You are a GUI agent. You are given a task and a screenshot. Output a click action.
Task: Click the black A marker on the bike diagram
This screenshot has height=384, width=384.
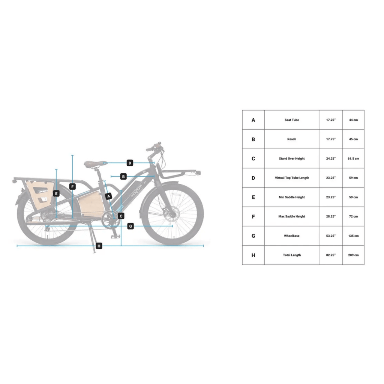pyautogui.click(x=109, y=196)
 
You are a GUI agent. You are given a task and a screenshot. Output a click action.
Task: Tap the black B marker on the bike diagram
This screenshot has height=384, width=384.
pyautogui.click(x=123, y=176)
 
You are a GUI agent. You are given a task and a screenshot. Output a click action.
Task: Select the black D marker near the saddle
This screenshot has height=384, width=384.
pyautogui.click(x=130, y=163)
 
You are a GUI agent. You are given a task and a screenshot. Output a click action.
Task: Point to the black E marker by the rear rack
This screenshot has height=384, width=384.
pyautogui.click(x=56, y=193)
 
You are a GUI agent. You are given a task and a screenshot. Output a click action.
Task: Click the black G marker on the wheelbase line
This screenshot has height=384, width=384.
pyautogui.click(x=130, y=226)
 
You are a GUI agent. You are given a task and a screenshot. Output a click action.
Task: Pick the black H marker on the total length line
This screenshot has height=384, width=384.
pyautogui.click(x=99, y=246)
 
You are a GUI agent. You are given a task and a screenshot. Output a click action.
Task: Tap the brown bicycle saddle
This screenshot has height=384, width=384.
pyautogui.click(x=93, y=163)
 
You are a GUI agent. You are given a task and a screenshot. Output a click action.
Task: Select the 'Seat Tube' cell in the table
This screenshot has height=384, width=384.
pyautogui.click(x=291, y=120)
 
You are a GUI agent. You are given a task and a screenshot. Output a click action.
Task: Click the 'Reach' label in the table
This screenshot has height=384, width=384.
pyautogui.click(x=291, y=139)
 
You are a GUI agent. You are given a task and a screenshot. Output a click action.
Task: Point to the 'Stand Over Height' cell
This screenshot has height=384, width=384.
pyautogui.click(x=291, y=159)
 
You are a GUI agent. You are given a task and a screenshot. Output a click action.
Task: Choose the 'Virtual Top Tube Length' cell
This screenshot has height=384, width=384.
pyautogui.click(x=291, y=178)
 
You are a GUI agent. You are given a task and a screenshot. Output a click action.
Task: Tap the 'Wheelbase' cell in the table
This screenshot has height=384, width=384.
pyautogui.click(x=291, y=236)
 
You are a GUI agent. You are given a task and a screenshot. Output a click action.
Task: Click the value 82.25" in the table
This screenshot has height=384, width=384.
pyautogui.click(x=330, y=255)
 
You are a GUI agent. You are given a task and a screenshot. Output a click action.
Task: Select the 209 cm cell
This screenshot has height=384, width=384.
pyautogui.click(x=353, y=255)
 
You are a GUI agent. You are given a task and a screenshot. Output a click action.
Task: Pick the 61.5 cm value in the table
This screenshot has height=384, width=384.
pyautogui.click(x=353, y=159)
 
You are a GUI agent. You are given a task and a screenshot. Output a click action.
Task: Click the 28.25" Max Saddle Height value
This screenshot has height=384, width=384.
pyautogui.click(x=330, y=216)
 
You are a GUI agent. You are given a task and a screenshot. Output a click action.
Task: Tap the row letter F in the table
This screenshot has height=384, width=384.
pyautogui.click(x=253, y=216)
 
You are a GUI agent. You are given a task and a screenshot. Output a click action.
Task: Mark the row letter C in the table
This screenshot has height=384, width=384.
pyautogui.click(x=253, y=159)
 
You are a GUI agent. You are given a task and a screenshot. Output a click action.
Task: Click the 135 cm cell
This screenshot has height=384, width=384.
pyautogui.click(x=353, y=236)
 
